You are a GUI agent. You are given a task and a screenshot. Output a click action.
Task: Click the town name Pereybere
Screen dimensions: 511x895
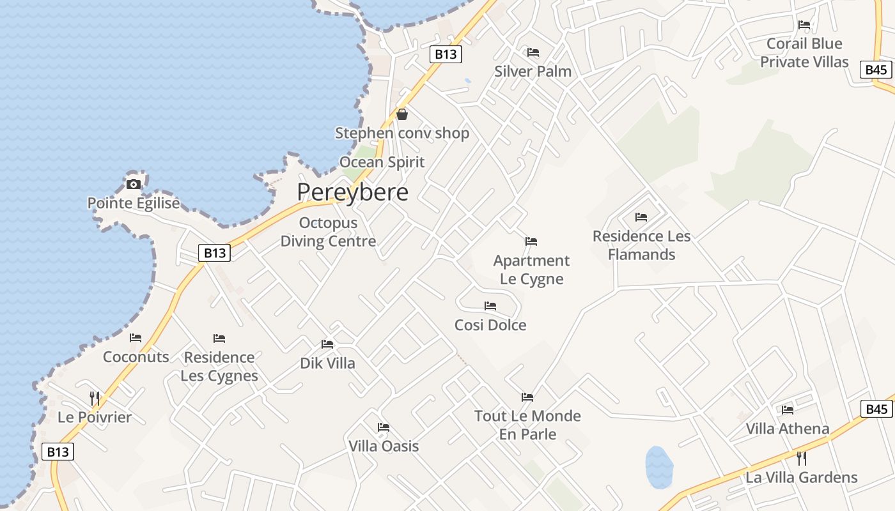pos(352,192)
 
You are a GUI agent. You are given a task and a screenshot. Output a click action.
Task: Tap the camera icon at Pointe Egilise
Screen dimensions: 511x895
pos(134,185)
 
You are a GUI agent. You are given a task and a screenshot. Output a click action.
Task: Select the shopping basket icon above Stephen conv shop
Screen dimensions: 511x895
pos(402,114)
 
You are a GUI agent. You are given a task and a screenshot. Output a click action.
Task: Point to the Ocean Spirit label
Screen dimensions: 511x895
pos(382,162)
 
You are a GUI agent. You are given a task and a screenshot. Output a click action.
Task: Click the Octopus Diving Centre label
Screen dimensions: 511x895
pos(328,233)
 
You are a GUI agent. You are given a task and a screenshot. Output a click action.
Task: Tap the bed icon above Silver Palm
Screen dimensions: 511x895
pos(533,52)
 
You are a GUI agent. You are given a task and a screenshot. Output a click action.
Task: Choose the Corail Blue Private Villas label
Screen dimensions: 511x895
pos(804,53)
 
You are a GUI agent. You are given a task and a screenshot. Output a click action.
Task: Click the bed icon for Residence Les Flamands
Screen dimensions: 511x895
pos(641,217)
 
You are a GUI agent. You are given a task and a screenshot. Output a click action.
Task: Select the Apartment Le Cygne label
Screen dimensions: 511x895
pos(531,270)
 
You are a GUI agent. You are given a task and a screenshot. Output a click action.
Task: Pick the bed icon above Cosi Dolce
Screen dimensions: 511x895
pos(490,306)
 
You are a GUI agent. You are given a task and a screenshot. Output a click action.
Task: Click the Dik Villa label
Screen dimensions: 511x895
pos(327,363)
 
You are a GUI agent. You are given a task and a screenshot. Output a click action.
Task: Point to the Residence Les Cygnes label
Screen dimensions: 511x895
pos(219,367)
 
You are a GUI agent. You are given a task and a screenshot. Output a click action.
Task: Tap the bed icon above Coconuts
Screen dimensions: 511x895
pos(136,338)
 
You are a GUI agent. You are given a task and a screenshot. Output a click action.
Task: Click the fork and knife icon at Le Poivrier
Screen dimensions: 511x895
pos(95,399)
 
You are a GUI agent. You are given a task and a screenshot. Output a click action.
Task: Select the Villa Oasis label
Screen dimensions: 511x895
pos(384,446)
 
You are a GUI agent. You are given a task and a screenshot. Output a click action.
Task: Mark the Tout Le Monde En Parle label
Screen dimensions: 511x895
pos(527,425)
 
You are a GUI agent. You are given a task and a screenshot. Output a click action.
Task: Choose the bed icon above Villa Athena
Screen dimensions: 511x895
pos(788,410)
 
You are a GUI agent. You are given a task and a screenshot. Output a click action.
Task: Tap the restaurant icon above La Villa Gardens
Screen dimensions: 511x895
pos(802,458)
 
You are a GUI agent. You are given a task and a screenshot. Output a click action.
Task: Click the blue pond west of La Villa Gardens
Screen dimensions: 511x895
pos(659,467)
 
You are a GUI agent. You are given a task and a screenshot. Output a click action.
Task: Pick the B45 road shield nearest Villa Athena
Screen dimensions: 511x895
pos(876,409)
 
